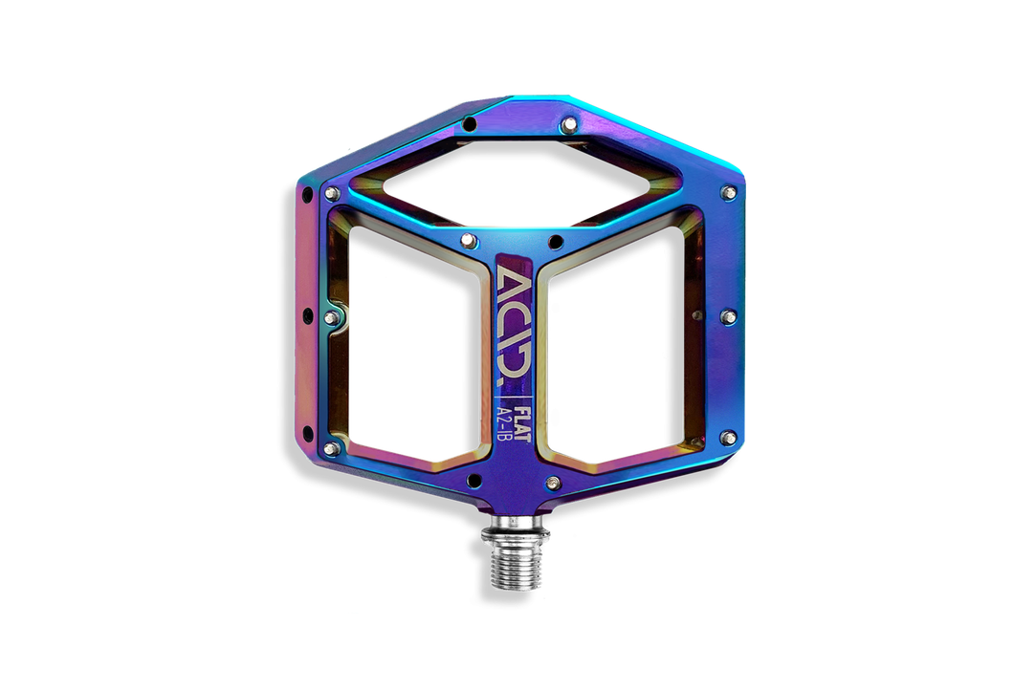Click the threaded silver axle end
pyautogui.click(x=517, y=560)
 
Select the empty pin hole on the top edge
pyautogui.click(x=470, y=124)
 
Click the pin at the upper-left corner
pyautogui.click(x=332, y=194)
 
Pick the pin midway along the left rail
pyautogui.click(x=332, y=316)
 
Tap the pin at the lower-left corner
pyautogui.click(x=332, y=446)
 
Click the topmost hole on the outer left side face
pyautogui.click(x=307, y=194)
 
